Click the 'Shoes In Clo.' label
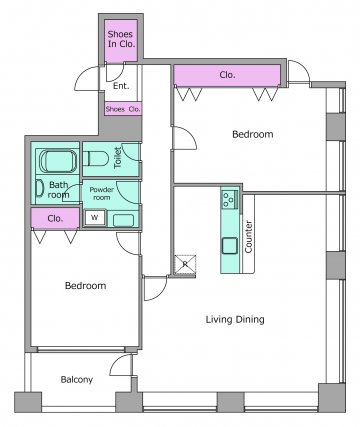(121, 39)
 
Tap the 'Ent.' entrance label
(121, 86)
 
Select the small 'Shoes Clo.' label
(123, 109)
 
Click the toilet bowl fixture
(95, 159)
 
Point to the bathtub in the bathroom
(58, 161)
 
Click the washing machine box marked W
(95, 218)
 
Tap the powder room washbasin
(123, 220)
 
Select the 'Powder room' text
(102, 193)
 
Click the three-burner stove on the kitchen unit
(230, 198)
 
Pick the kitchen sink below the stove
(230, 246)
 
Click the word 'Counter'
(249, 236)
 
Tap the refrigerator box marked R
(185, 265)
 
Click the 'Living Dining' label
(235, 319)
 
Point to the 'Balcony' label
(77, 380)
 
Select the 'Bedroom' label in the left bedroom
(86, 286)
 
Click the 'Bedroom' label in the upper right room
(253, 134)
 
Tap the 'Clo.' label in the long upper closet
(227, 75)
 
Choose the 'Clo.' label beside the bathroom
(55, 219)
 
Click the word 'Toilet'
(118, 158)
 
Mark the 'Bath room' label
(59, 190)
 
